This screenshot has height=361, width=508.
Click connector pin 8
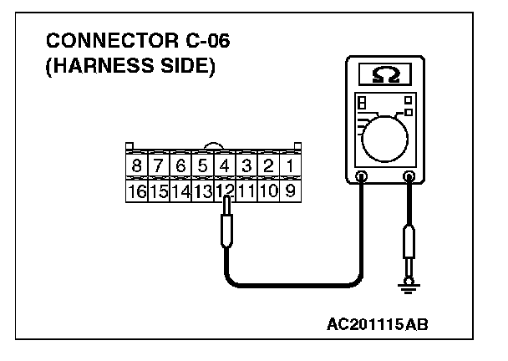point(135,166)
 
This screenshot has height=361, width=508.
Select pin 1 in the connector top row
point(289,166)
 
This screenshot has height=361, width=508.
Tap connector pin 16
point(135,191)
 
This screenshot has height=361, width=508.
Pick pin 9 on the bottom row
point(289,191)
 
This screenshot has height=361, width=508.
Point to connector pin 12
point(224,191)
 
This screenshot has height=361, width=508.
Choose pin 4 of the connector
point(224,166)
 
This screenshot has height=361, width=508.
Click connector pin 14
point(180,191)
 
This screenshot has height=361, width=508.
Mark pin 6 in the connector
point(180,166)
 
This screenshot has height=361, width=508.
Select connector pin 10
point(267,191)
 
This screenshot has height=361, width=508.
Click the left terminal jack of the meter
point(362,176)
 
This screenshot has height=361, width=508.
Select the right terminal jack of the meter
point(409,176)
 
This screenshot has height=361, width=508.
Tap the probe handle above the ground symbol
point(409,247)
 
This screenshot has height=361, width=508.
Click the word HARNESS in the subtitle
point(93,67)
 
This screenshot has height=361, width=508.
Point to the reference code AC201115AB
point(378,323)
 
